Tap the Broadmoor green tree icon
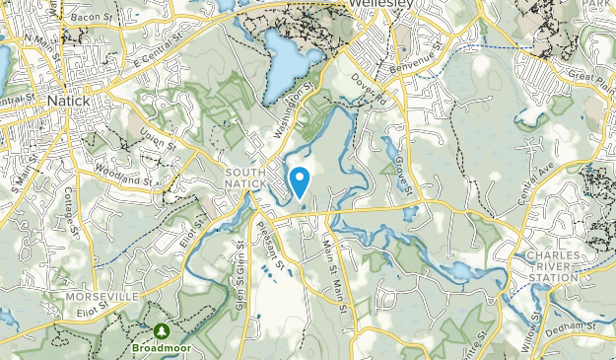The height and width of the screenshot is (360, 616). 161,330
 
